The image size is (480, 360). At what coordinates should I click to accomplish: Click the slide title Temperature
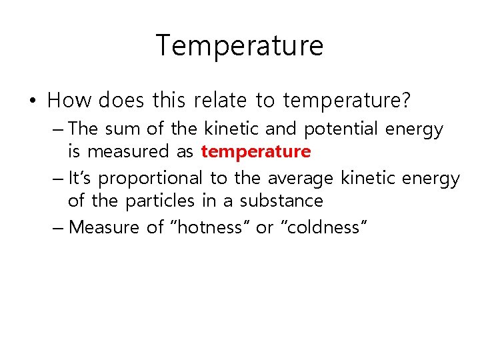tap(239, 46)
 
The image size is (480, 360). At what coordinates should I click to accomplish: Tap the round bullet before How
tap(33, 101)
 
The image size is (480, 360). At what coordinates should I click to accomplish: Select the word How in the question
tap(70, 101)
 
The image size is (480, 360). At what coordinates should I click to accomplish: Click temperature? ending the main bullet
tap(347, 101)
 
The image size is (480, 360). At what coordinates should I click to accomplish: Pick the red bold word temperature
tap(255, 152)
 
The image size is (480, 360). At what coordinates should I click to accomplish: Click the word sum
tap(119, 129)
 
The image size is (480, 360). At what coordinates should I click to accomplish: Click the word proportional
tap(151, 179)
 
